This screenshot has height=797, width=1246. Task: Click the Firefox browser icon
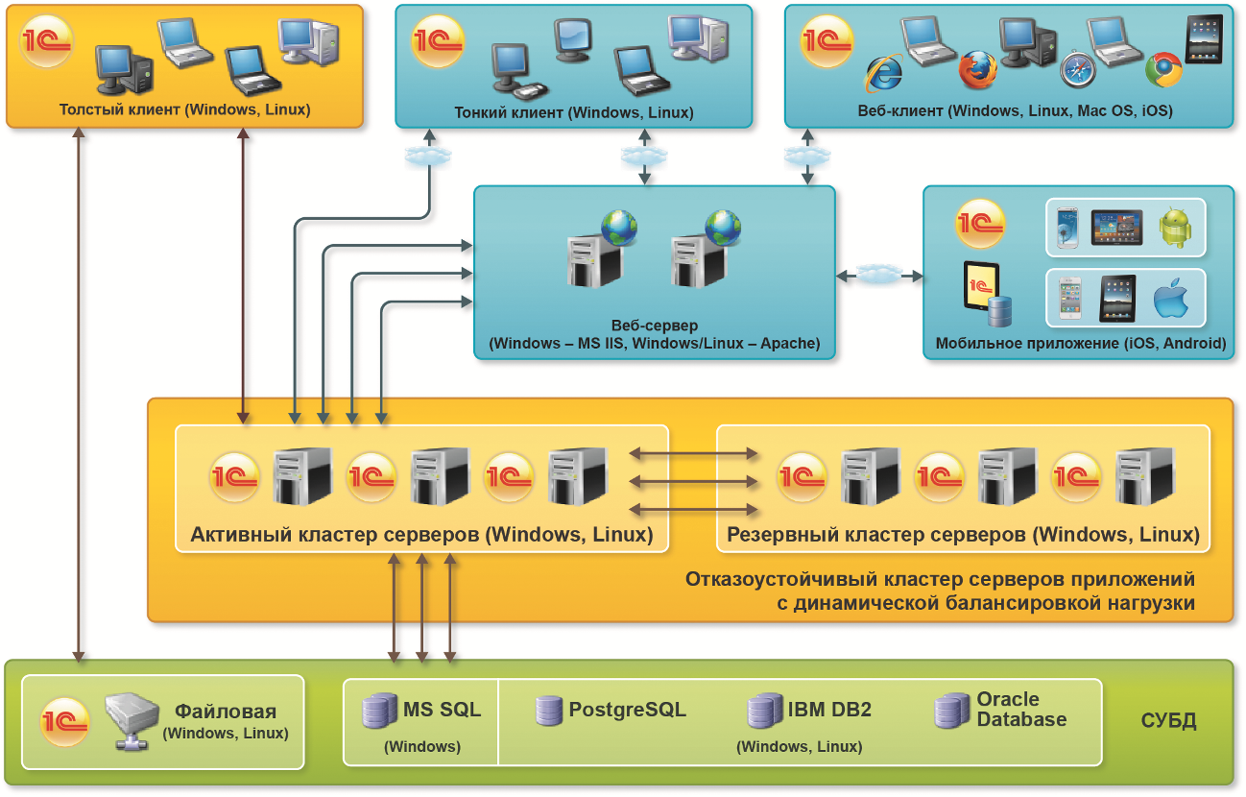978,69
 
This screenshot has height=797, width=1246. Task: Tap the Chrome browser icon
1163,70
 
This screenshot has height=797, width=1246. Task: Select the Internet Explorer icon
884,73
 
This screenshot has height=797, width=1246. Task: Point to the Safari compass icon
1078,69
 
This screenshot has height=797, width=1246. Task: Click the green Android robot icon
1175,229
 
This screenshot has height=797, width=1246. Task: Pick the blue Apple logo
1171,299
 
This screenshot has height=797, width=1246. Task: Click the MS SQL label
442,711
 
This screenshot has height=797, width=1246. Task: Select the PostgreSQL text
627,711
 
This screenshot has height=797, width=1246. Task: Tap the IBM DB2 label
829,711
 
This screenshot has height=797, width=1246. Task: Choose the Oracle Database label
1021,710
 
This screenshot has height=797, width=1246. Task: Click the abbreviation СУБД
1168,721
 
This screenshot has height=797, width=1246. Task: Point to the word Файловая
226,712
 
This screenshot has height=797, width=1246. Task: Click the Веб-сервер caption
655,326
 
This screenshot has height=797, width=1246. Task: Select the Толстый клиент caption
184,109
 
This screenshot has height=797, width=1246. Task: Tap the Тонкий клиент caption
573,112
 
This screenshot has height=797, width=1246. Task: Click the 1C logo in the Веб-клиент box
827,41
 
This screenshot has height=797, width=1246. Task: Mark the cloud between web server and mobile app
878,276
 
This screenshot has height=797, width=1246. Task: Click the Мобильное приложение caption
1081,343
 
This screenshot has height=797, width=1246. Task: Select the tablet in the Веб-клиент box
1204,39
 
